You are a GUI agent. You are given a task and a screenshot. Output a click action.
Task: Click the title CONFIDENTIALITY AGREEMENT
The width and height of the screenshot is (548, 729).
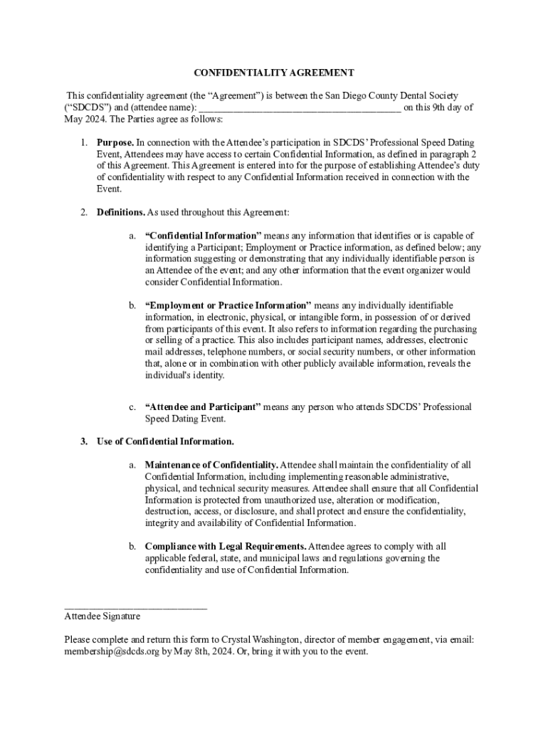tap(274, 73)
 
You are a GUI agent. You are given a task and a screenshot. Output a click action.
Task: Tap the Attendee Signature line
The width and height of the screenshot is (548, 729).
tap(135, 607)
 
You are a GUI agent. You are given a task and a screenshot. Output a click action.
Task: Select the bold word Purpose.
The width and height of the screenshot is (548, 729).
tap(115, 142)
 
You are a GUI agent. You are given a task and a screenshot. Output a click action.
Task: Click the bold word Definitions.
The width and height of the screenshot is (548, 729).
tap(121, 212)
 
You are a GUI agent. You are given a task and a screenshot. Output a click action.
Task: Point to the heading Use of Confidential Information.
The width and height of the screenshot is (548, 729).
tap(165, 441)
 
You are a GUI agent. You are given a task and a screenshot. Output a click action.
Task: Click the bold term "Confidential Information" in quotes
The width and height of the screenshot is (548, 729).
tap(203, 235)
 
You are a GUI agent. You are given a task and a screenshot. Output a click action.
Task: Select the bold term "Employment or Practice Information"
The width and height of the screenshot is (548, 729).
tap(228, 305)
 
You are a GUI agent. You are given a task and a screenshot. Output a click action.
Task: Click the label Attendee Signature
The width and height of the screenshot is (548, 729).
tap(102, 617)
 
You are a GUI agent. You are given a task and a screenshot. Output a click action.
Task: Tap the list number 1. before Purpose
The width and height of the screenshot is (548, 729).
tap(83, 142)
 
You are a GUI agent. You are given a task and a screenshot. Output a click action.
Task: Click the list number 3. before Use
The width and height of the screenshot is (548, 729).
tap(83, 441)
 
